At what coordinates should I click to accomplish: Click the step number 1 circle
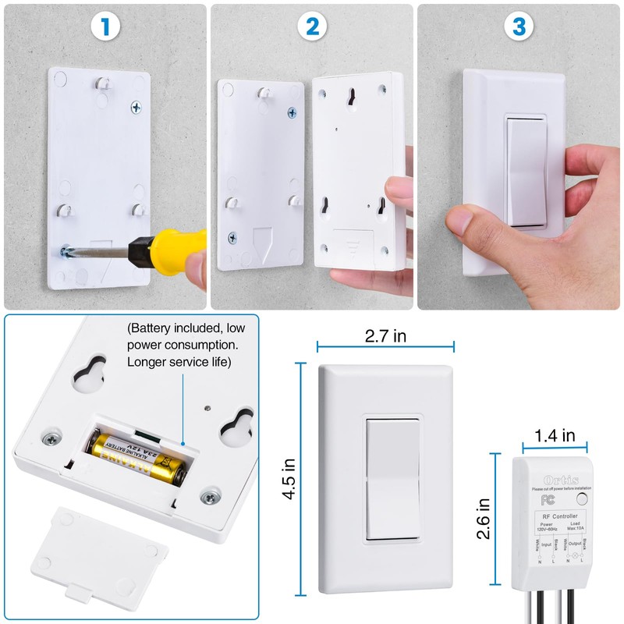(x=105, y=27)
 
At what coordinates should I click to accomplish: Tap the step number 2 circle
(x=312, y=27)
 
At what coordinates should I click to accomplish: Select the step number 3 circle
(x=519, y=27)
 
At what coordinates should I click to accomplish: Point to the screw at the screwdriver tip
(x=64, y=251)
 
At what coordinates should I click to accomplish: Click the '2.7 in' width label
(x=385, y=336)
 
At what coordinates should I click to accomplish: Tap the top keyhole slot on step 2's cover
(x=351, y=98)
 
